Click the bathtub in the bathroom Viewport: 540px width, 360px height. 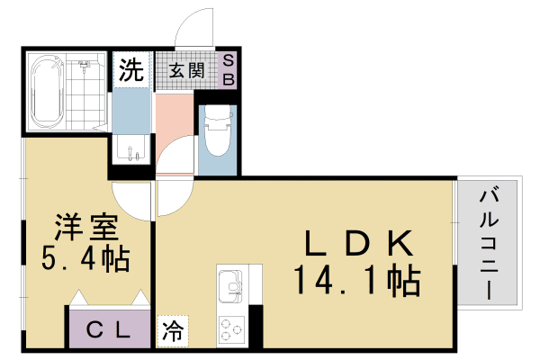tap(45, 91)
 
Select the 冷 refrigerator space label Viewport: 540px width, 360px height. tap(171, 330)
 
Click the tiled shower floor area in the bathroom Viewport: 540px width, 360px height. tap(85, 94)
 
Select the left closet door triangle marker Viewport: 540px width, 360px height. tap(78, 296)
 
